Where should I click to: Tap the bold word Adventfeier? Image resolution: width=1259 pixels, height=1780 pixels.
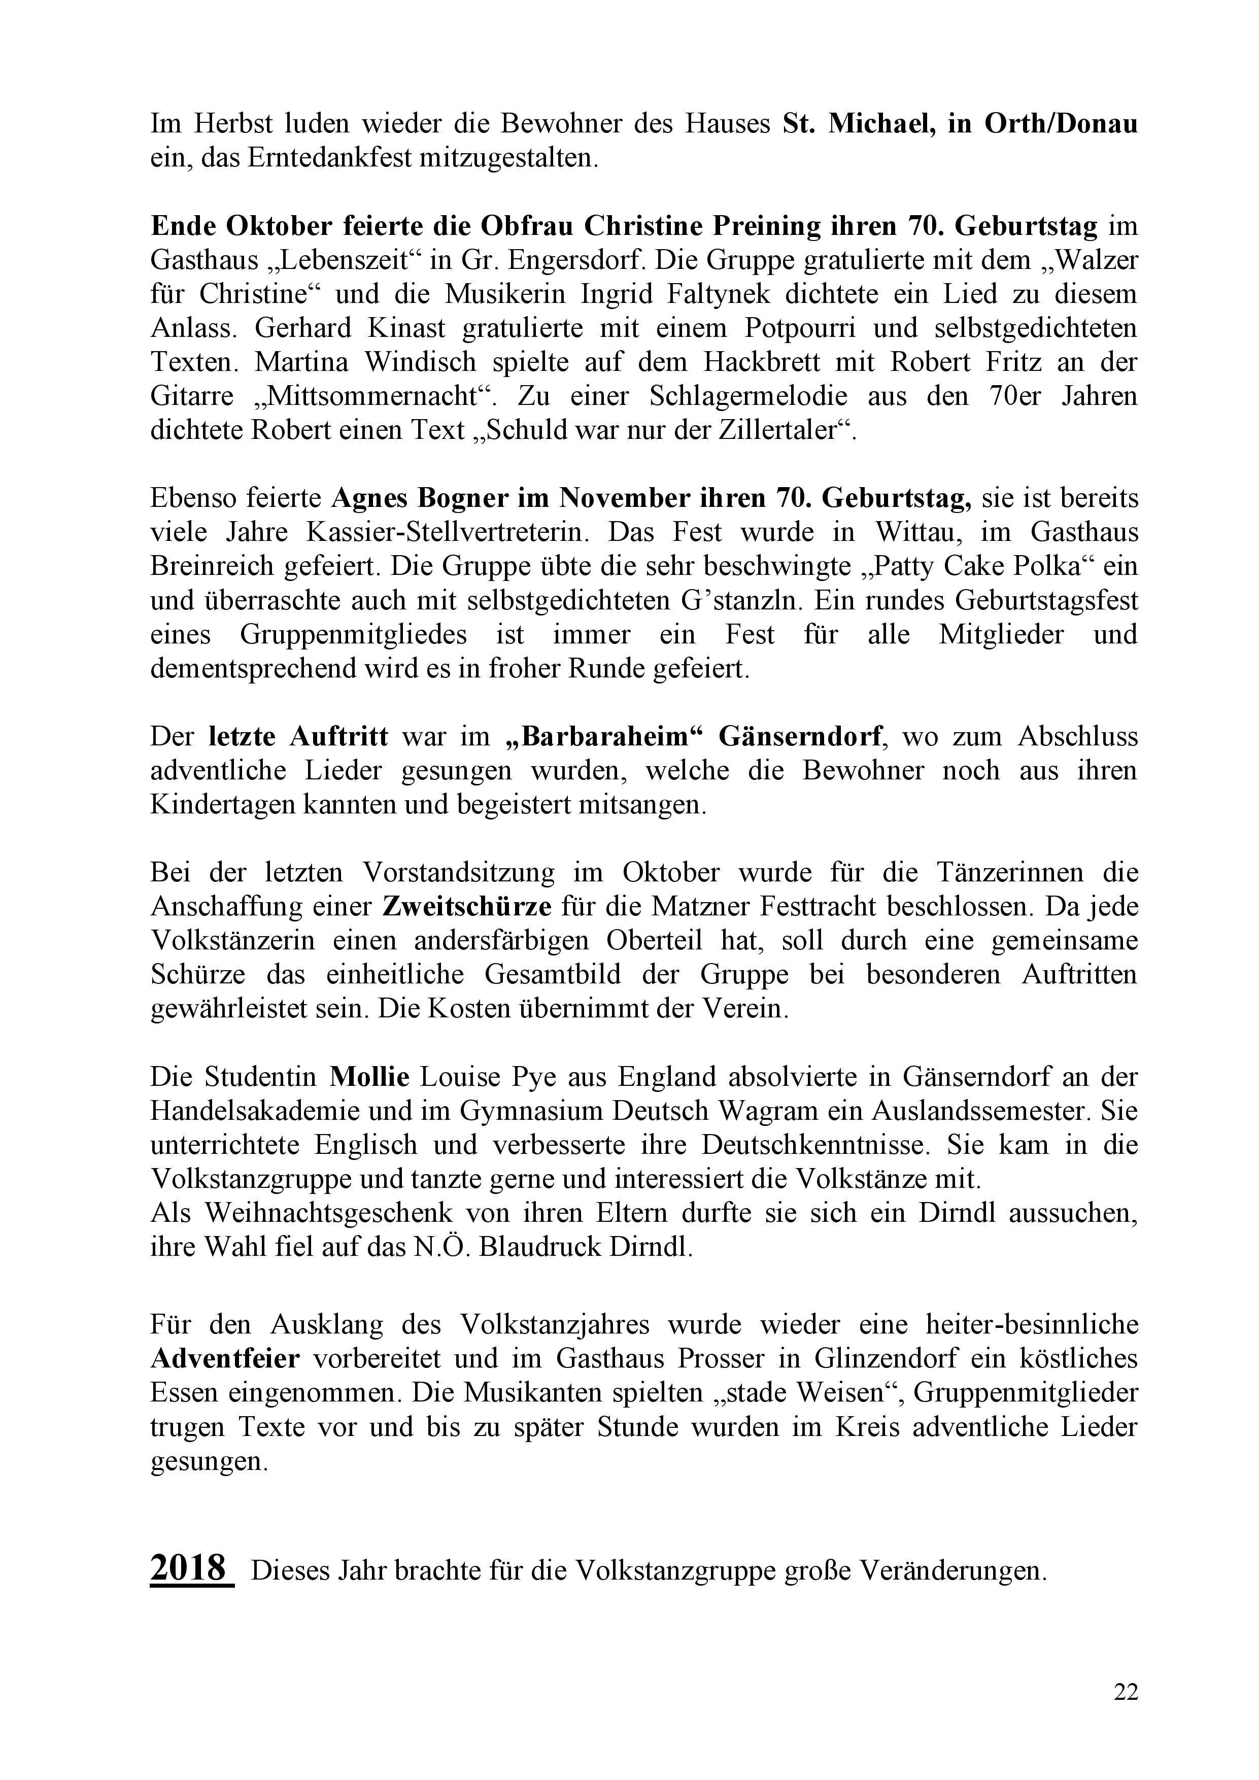(225, 1358)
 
